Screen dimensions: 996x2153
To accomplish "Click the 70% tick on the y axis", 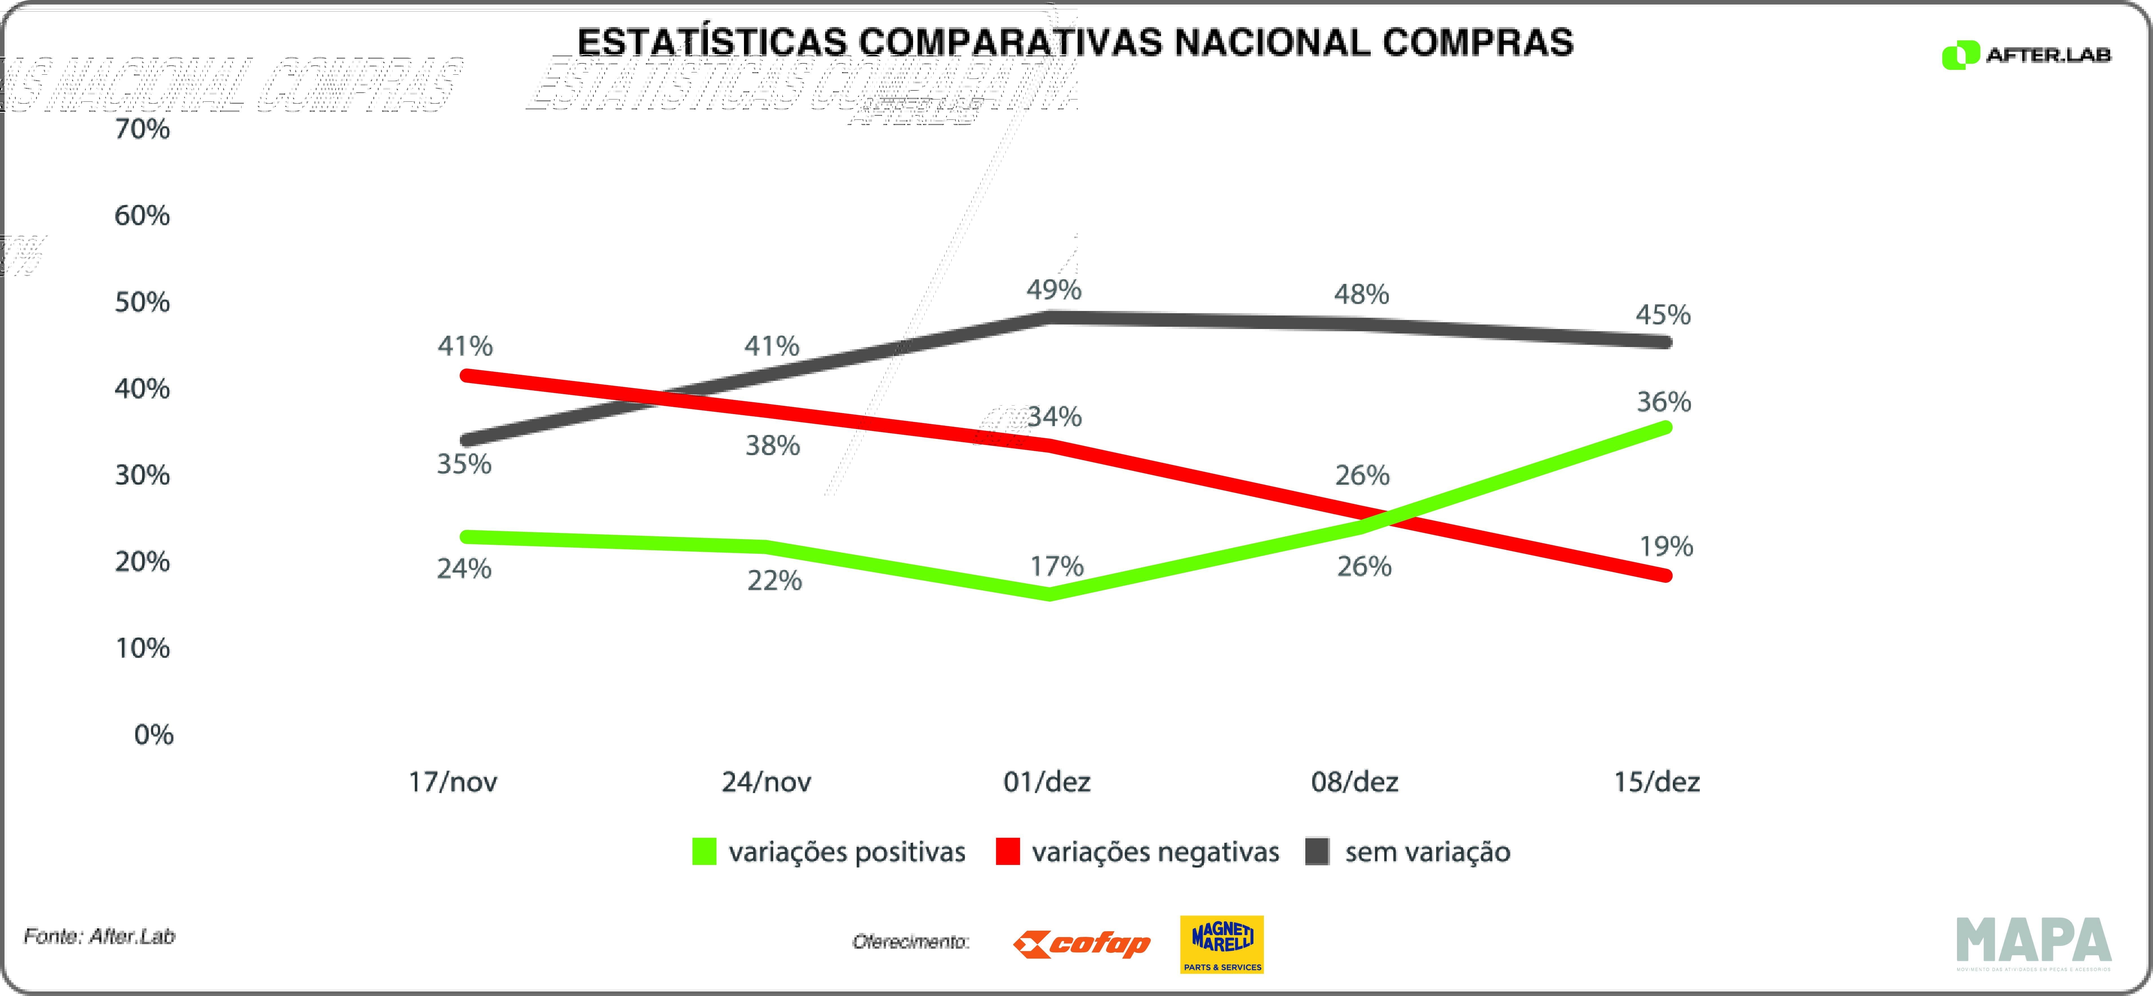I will pos(142,130).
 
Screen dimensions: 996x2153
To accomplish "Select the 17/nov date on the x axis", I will pos(452,782).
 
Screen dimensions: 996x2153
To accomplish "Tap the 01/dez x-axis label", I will pos(1046,782).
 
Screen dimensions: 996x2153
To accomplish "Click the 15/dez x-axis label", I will pos(1656,782).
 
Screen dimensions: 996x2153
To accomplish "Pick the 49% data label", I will pos(1054,290).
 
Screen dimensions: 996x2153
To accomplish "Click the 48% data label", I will pos(1361,294).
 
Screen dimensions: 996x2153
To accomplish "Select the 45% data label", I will pos(1663,315).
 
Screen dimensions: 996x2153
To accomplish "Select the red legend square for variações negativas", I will pos(1008,852).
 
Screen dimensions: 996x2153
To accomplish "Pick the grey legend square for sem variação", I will pos(1317,852).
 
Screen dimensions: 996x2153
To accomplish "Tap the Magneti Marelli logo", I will pos(1222,944).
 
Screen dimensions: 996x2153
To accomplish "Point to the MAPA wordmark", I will pos(2034,942).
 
